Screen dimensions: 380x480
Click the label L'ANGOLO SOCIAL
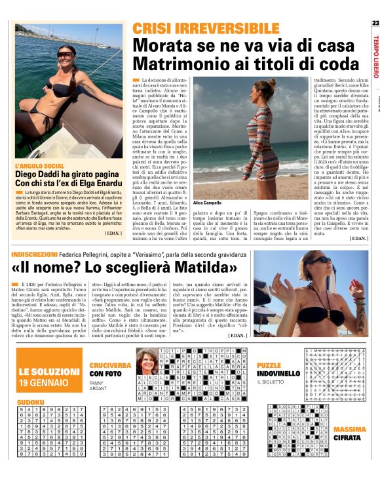(41, 167)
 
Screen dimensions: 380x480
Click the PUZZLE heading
(269, 365)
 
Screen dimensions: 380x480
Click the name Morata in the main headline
(159, 45)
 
